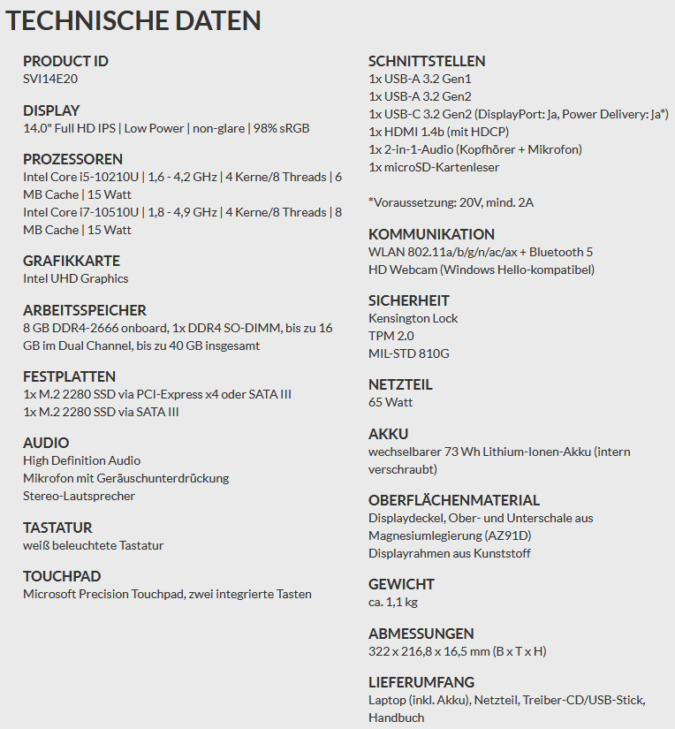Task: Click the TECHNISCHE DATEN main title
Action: pyautogui.click(x=133, y=21)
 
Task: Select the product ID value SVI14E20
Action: pyautogui.click(x=51, y=79)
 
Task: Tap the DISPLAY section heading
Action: pyautogui.click(x=51, y=110)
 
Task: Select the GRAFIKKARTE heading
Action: pyautogui.click(x=72, y=261)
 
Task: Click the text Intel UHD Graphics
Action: pyautogui.click(x=76, y=278)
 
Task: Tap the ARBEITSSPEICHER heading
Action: pyautogui.click(x=85, y=310)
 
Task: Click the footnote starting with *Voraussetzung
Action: pyautogui.click(x=451, y=202)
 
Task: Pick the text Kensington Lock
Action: pyautogui.click(x=413, y=318)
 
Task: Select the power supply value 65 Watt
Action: pyautogui.click(x=391, y=402)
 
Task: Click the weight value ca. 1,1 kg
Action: pyautogui.click(x=393, y=602)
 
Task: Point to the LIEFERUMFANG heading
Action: pyautogui.click(x=421, y=682)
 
